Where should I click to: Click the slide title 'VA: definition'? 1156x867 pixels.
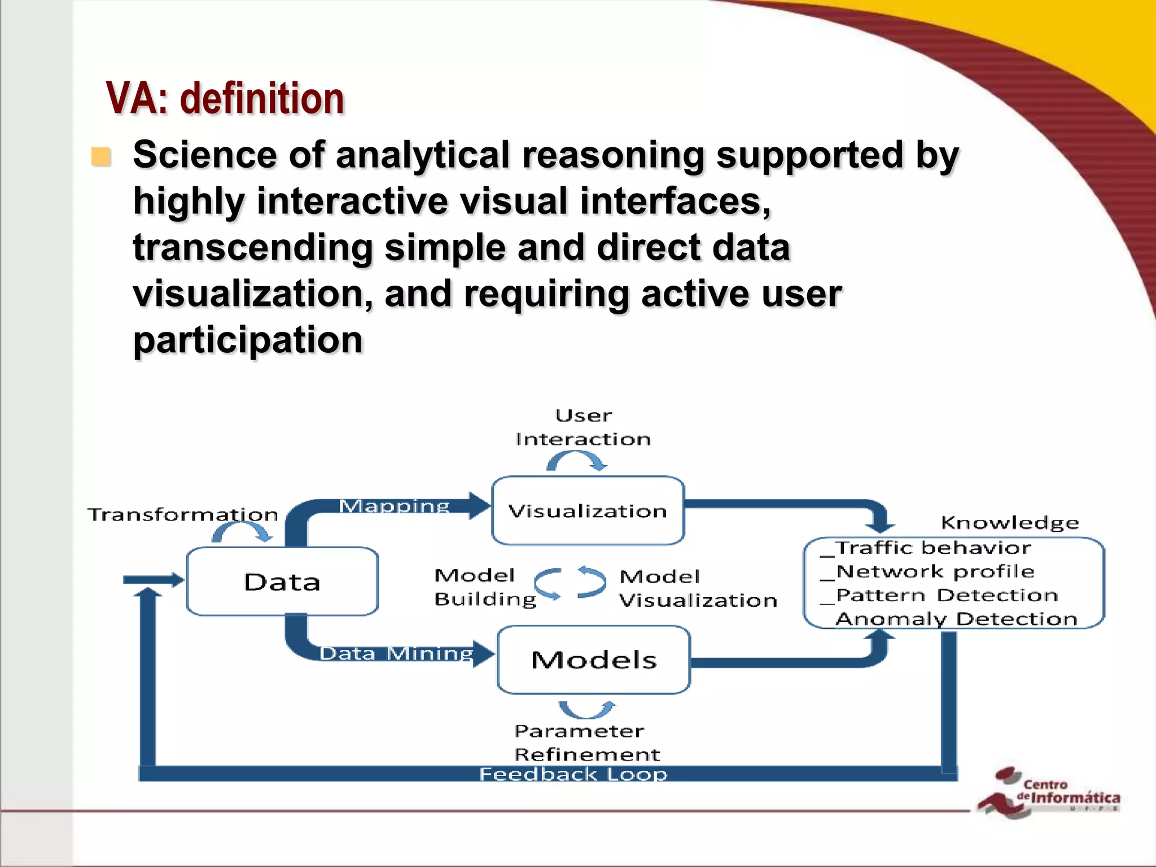[225, 99]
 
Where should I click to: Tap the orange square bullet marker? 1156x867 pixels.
[101, 157]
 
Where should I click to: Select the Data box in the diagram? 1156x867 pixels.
[282, 581]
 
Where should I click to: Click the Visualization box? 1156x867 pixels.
[588, 511]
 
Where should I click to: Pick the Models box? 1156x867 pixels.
[594, 659]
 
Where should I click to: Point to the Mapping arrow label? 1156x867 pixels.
[394, 506]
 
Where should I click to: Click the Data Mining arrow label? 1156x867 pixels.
[396, 653]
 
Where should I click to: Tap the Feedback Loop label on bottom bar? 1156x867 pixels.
[573, 774]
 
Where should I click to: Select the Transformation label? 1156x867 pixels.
[183, 514]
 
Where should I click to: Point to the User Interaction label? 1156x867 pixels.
[583, 427]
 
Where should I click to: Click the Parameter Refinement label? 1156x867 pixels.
[586, 742]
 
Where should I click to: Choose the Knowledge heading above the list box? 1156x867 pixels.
[1010, 523]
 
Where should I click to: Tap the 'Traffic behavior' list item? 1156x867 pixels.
[932, 548]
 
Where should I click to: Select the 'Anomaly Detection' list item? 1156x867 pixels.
[956, 619]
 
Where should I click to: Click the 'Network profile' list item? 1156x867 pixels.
[935, 571]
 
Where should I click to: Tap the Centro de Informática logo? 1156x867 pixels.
[1049, 792]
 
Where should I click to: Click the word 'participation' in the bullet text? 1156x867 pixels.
[248, 340]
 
